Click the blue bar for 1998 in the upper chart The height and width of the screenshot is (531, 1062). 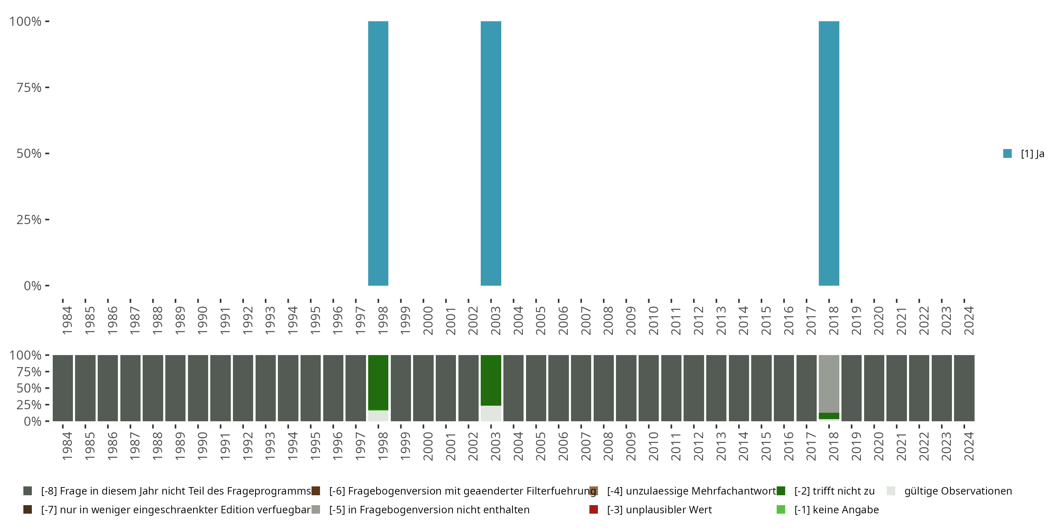coord(378,153)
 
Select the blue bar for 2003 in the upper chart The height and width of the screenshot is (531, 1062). coord(491,153)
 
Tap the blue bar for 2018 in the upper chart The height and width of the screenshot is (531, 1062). coord(829,153)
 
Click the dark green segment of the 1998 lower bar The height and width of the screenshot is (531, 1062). coord(378,382)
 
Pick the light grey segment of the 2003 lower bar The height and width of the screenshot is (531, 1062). coord(491,413)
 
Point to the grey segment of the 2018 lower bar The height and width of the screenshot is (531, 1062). coord(829,383)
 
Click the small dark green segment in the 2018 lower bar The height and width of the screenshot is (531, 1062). coord(829,416)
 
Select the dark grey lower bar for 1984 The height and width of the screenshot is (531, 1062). coord(63,388)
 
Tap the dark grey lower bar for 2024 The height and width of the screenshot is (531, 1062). coord(964,388)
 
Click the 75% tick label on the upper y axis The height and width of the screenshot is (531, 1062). coord(29,87)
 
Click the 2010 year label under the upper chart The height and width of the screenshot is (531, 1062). coord(653,320)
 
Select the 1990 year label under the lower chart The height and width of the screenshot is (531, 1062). coord(202,446)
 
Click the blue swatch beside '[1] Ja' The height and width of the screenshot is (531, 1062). coord(1007,153)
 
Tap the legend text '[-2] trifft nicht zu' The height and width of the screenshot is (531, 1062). coord(834,491)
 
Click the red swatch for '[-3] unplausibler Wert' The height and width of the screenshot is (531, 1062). coord(594,509)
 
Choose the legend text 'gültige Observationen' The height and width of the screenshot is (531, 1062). coord(958,491)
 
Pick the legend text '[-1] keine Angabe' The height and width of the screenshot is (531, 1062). coord(837,509)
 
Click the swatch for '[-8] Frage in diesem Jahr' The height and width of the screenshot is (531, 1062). coord(28,491)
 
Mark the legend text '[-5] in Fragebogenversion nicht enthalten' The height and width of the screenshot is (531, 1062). coord(429,509)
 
